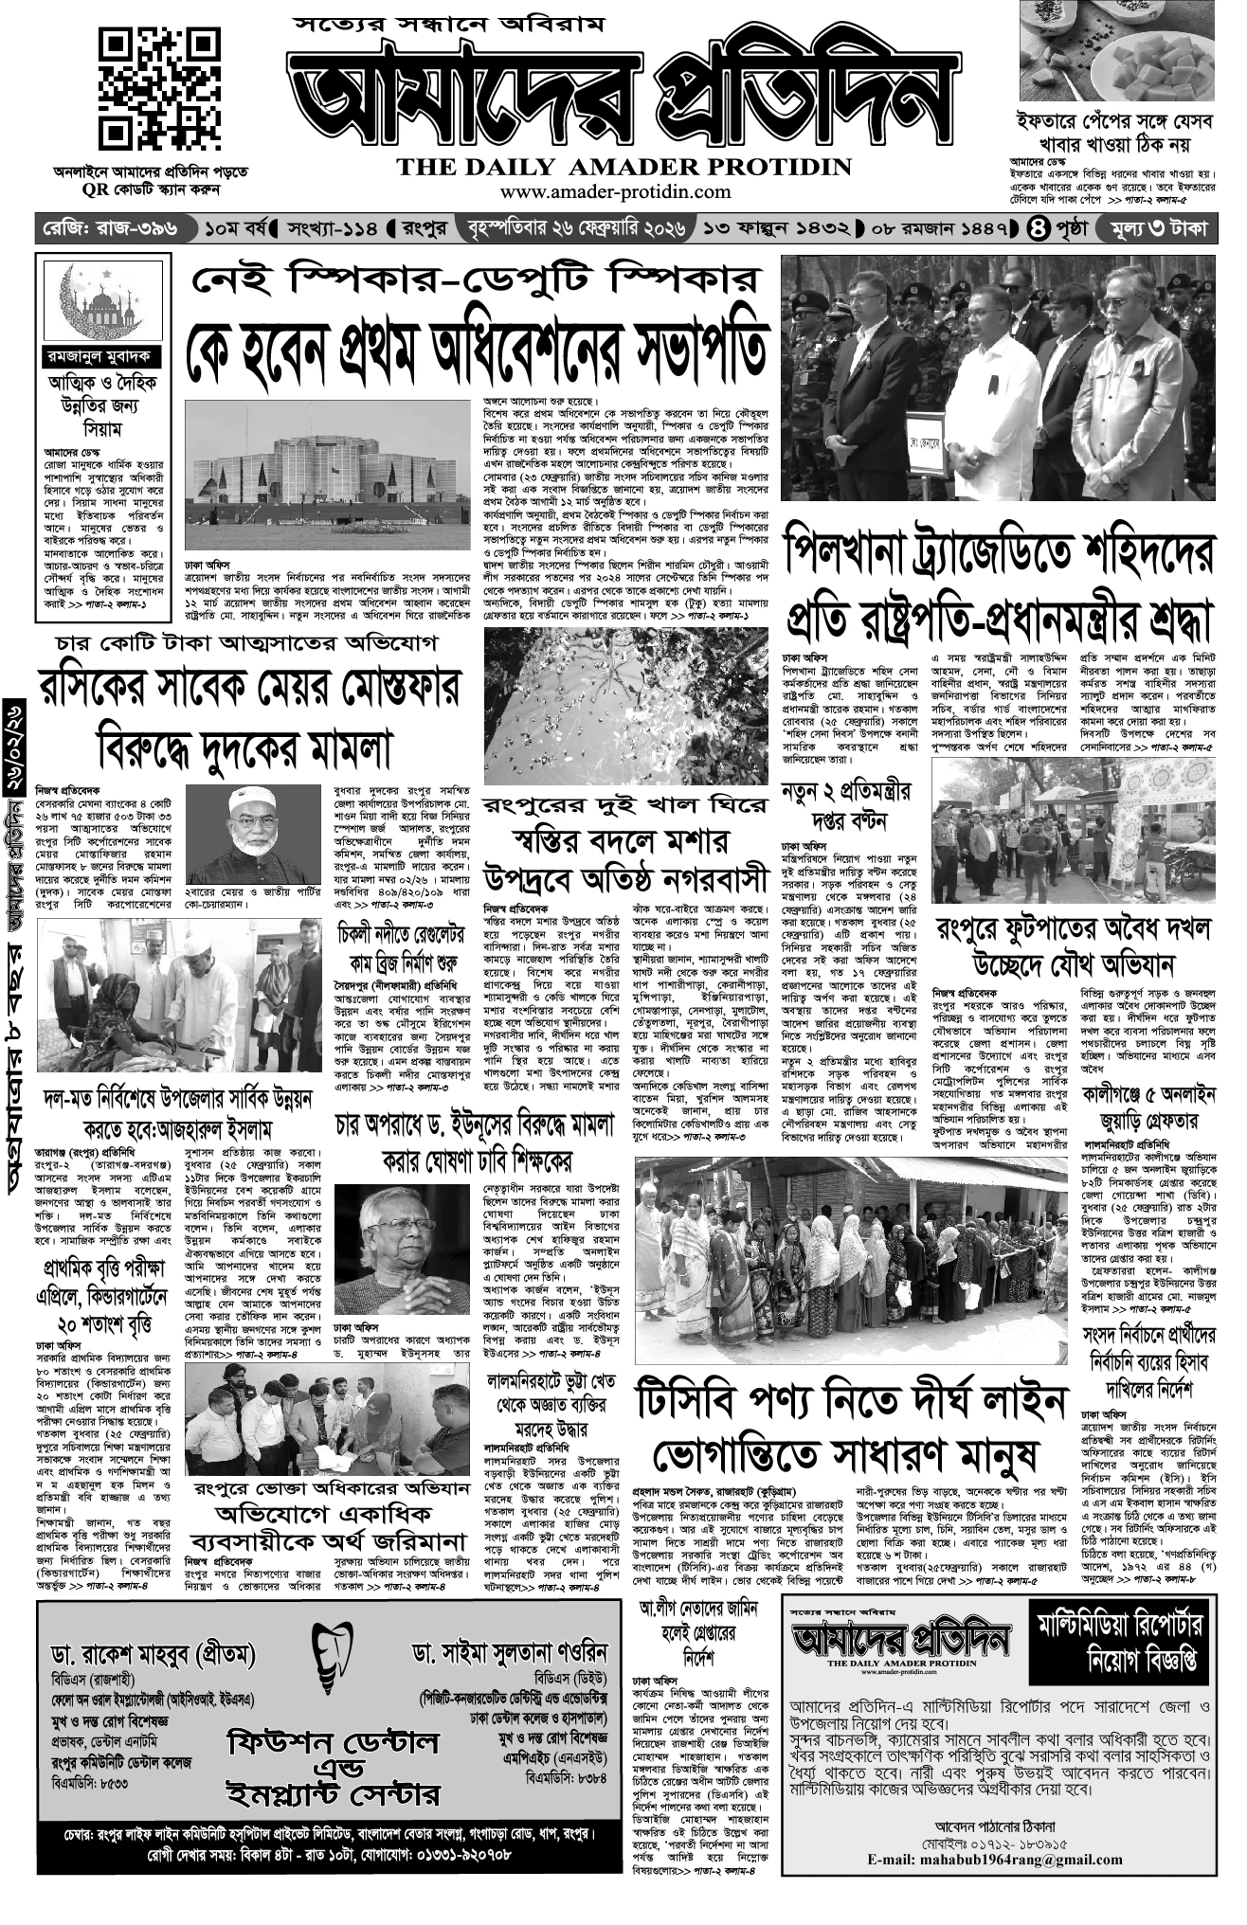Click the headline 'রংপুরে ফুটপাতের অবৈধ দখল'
point(1074,928)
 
